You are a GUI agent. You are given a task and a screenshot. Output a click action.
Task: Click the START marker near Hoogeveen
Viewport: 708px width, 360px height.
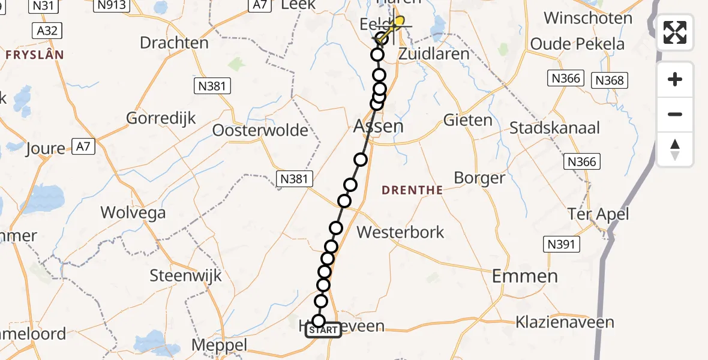click(323, 330)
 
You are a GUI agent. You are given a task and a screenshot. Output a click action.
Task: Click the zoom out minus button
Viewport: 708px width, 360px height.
click(675, 114)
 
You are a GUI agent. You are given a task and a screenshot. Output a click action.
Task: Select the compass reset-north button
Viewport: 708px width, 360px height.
click(675, 149)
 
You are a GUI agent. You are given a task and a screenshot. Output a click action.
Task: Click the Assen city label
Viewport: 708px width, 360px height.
click(378, 126)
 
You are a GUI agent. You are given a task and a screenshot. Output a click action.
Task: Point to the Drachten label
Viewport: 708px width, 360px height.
click(174, 43)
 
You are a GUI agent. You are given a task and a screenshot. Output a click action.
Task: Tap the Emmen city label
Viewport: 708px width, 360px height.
click(525, 276)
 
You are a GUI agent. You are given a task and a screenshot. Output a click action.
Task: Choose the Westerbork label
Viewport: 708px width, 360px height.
click(400, 232)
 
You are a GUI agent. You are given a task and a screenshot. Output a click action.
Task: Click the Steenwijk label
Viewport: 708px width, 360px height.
click(185, 276)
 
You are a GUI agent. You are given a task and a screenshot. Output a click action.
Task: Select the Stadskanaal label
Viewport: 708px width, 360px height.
click(554, 128)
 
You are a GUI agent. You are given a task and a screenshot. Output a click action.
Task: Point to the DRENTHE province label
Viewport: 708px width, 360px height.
click(413, 190)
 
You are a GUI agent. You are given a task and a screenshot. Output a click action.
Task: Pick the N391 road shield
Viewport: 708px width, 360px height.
click(561, 244)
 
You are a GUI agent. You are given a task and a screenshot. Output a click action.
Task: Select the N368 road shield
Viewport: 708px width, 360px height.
click(610, 80)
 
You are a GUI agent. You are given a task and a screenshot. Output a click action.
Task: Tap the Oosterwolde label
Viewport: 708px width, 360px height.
click(260, 130)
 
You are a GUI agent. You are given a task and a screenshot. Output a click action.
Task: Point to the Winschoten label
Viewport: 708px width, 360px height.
click(588, 18)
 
